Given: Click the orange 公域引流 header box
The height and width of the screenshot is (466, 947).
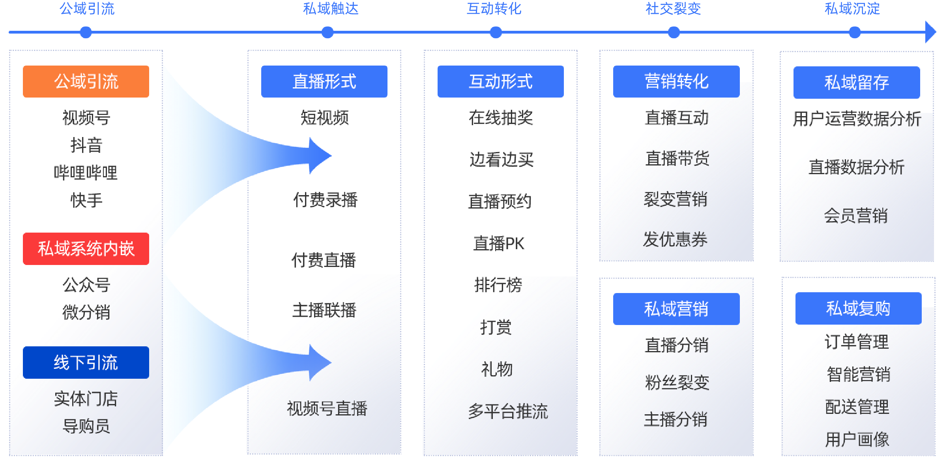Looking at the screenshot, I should [86, 81].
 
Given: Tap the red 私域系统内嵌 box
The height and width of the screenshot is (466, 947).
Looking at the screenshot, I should [86, 249].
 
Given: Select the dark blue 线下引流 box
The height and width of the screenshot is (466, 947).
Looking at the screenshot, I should [86, 363].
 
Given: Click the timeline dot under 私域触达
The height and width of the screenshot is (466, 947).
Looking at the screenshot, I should [328, 32].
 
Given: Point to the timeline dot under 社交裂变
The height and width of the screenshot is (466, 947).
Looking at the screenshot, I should [674, 32].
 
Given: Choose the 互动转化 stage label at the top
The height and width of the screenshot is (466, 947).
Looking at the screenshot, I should [494, 9].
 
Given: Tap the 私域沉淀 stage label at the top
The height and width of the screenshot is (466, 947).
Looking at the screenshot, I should [852, 9].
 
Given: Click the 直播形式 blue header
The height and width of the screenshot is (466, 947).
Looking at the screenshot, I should [324, 81].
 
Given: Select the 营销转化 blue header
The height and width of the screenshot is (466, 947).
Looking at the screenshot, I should [676, 81].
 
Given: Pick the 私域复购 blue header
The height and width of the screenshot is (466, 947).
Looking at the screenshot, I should [858, 308].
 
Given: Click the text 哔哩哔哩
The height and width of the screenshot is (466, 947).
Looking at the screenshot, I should [86, 173].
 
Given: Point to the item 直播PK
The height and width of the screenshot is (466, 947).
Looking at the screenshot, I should [499, 243].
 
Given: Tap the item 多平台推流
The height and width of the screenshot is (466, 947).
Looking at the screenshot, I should [508, 412].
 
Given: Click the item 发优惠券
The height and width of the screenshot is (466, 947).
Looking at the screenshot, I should [675, 239].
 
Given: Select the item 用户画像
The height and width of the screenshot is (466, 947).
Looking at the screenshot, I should [857, 440].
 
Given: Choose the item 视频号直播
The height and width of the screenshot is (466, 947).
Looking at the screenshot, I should [327, 408].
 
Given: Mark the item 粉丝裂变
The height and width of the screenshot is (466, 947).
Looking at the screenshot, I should [677, 382].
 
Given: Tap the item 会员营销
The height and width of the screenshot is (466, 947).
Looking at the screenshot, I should [856, 216].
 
